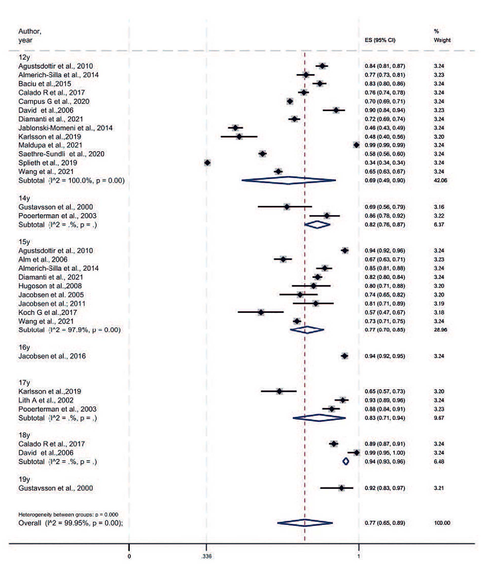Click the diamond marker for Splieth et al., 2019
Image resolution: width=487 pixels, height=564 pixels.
coord(207,163)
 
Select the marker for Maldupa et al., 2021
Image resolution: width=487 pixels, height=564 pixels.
coord(356,145)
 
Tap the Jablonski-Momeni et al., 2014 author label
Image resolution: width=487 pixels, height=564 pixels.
coord(65,128)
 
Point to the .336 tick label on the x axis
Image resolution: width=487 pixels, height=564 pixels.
coord(206,556)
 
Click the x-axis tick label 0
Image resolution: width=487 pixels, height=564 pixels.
coord(129,556)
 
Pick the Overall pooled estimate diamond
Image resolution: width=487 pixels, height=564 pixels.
coord(305,523)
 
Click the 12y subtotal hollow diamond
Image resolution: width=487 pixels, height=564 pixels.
coord(288,180)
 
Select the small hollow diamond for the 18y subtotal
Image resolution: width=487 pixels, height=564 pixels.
coord(346,461)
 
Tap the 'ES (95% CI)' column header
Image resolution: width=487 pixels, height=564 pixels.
coord(380,40)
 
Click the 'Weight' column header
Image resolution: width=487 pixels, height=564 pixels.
coord(442,40)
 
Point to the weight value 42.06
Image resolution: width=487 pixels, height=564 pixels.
coord(440,180)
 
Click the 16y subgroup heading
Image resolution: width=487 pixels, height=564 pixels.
coord(24,347)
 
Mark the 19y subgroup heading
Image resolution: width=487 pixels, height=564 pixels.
coord(24,479)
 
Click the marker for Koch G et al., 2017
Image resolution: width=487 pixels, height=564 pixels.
coord(261,312)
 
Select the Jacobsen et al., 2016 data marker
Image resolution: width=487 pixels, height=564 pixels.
coord(345,356)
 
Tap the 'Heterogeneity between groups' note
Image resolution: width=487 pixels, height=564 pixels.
coord(68,514)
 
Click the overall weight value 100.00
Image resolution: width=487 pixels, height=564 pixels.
coord(442,523)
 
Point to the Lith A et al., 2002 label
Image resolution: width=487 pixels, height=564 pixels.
coord(46,400)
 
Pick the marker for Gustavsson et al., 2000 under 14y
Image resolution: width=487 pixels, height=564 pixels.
coord(287,207)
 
